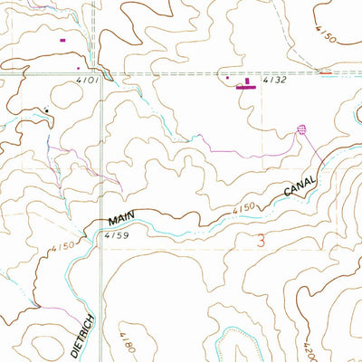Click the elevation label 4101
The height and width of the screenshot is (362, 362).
pos(88,81)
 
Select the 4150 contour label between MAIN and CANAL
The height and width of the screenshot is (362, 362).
pos(242,210)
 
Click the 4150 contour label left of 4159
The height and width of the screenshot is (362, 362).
pos(61,246)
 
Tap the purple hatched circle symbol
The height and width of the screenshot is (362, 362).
pos(302,129)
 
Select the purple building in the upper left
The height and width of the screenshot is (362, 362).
pos(62,40)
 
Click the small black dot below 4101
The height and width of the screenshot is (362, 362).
pos(47,110)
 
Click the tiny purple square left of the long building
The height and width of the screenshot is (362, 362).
pos(227,78)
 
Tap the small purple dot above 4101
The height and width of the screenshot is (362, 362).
pos(79,66)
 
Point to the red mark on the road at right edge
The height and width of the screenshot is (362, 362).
pos(326,71)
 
